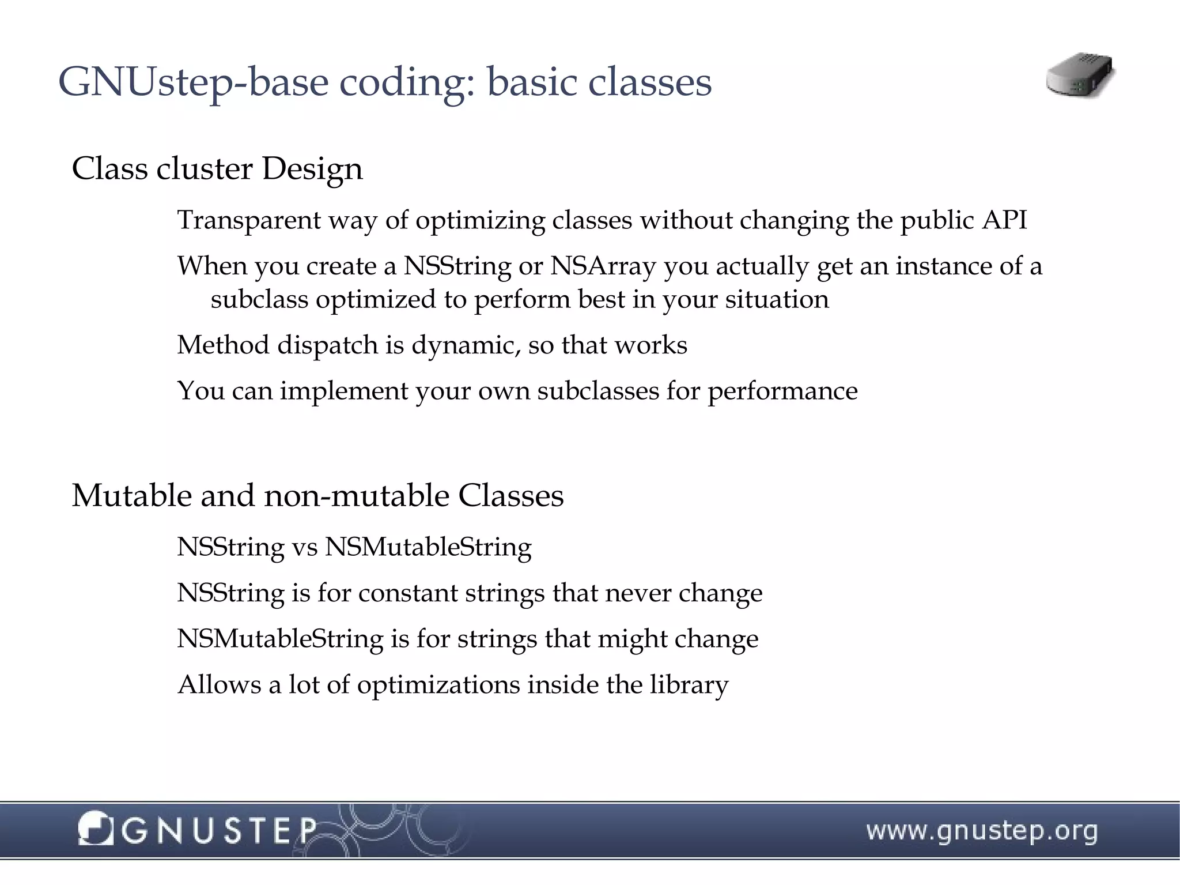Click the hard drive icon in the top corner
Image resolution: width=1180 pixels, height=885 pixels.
coord(1080,76)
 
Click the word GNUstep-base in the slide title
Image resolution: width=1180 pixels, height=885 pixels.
coord(193,82)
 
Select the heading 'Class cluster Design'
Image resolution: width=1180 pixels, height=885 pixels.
coord(217,169)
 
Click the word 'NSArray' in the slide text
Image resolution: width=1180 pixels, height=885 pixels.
coord(603,266)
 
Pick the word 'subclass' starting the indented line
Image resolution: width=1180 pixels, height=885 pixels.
coord(259,300)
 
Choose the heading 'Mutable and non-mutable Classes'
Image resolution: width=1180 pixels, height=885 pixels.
coord(317,495)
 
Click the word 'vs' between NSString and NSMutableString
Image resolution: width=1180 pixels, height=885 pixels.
coord(304,547)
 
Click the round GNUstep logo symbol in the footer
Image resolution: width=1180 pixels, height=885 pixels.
coord(95,828)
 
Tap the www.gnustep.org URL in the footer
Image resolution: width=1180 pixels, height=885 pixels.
coord(982,831)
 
